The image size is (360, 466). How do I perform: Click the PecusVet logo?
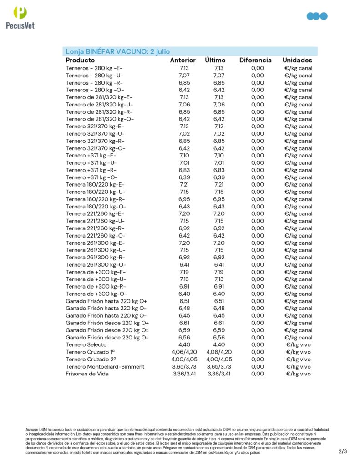20,17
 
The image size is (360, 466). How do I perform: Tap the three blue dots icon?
317,16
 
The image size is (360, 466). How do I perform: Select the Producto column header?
80,60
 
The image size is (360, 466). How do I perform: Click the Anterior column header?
183,60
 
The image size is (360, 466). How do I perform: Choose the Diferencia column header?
255,60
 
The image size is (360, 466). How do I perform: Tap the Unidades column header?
297,60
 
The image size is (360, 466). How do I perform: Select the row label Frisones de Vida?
87,374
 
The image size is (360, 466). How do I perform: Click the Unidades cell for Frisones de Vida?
298,374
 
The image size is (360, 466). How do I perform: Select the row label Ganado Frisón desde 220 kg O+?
106,323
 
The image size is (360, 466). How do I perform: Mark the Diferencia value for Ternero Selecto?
257,344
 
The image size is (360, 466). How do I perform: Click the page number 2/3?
343,451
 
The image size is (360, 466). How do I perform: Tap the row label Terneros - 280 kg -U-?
94,75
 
